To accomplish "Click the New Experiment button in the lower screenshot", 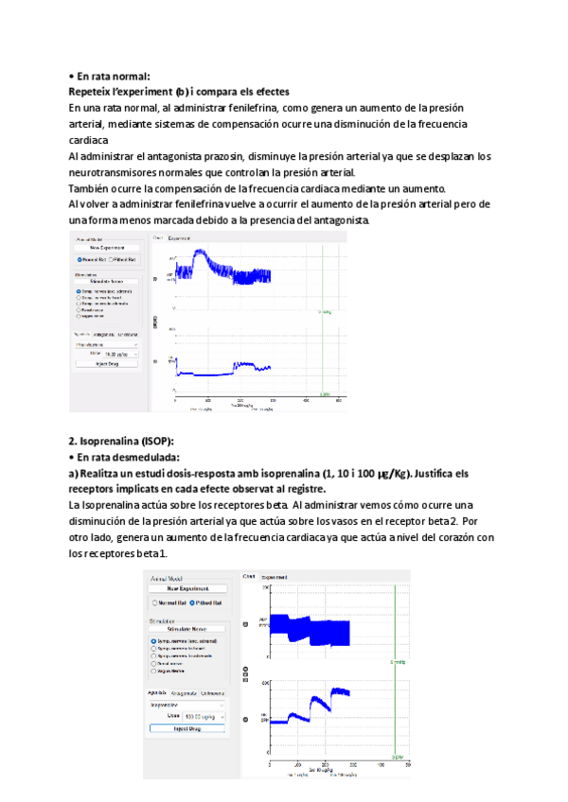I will [x=187, y=588].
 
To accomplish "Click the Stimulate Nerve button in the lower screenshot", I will [x=187, y=628].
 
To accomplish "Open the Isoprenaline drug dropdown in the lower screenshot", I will [x=187, y=705].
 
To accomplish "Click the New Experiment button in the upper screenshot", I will [x=108, y=247].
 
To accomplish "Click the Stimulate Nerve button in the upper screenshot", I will [x=108, y=281].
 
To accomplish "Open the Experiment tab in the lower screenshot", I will [x=275, y=576].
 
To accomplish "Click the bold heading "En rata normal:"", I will [x=113, y=76].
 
